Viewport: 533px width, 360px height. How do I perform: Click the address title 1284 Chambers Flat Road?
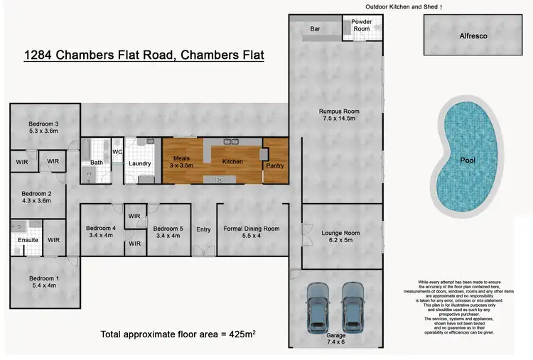[144, 55]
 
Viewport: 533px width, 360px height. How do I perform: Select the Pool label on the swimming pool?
[468, 160]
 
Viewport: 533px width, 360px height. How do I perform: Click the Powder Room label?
[362, 25]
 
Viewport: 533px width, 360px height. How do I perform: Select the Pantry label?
[274, 165]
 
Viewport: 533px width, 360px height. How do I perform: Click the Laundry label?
[139, 163]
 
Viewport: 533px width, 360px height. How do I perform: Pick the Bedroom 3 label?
[40, 127]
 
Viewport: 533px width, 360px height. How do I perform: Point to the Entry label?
[204, 229]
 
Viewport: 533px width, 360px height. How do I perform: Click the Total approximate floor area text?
[178, 333]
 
